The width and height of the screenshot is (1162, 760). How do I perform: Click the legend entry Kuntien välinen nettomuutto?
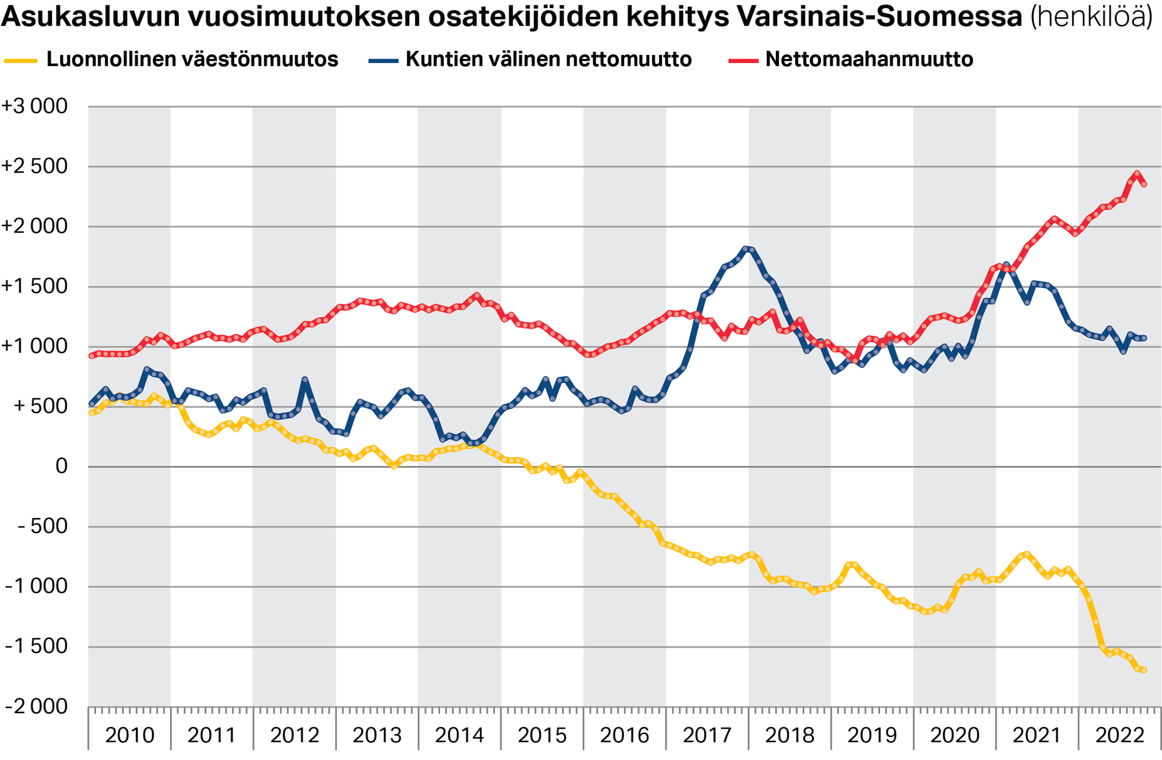pos(548,60)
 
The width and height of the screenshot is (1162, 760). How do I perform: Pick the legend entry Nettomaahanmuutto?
pos(869,60)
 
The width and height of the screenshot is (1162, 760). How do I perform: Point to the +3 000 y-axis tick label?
pos(35,107)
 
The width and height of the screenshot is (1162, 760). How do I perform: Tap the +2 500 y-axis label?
pos(35,167)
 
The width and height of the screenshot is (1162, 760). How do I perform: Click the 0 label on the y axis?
pos(61,467)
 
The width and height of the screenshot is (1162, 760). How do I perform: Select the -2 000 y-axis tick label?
pos(36,707)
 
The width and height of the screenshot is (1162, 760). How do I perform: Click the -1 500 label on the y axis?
pos(36,647)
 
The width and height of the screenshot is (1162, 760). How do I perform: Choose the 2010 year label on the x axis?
pos(130,736)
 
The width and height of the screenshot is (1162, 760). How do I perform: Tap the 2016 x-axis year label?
pos(624,736)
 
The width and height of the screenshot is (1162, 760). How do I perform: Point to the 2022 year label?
pos(1120,736)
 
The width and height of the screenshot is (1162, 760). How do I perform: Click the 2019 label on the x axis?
pos(872,736)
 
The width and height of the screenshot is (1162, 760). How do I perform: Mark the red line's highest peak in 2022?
pos(1137,173)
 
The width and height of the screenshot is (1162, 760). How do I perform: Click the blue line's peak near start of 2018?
pos(746,248)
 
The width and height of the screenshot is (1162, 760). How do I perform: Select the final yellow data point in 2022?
pos(1144,670)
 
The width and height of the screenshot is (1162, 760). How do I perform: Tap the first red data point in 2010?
pos(91,355)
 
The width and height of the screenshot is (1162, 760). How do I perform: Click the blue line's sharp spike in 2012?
pos(305,380)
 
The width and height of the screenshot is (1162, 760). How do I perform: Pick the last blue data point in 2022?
pos(1144,338)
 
